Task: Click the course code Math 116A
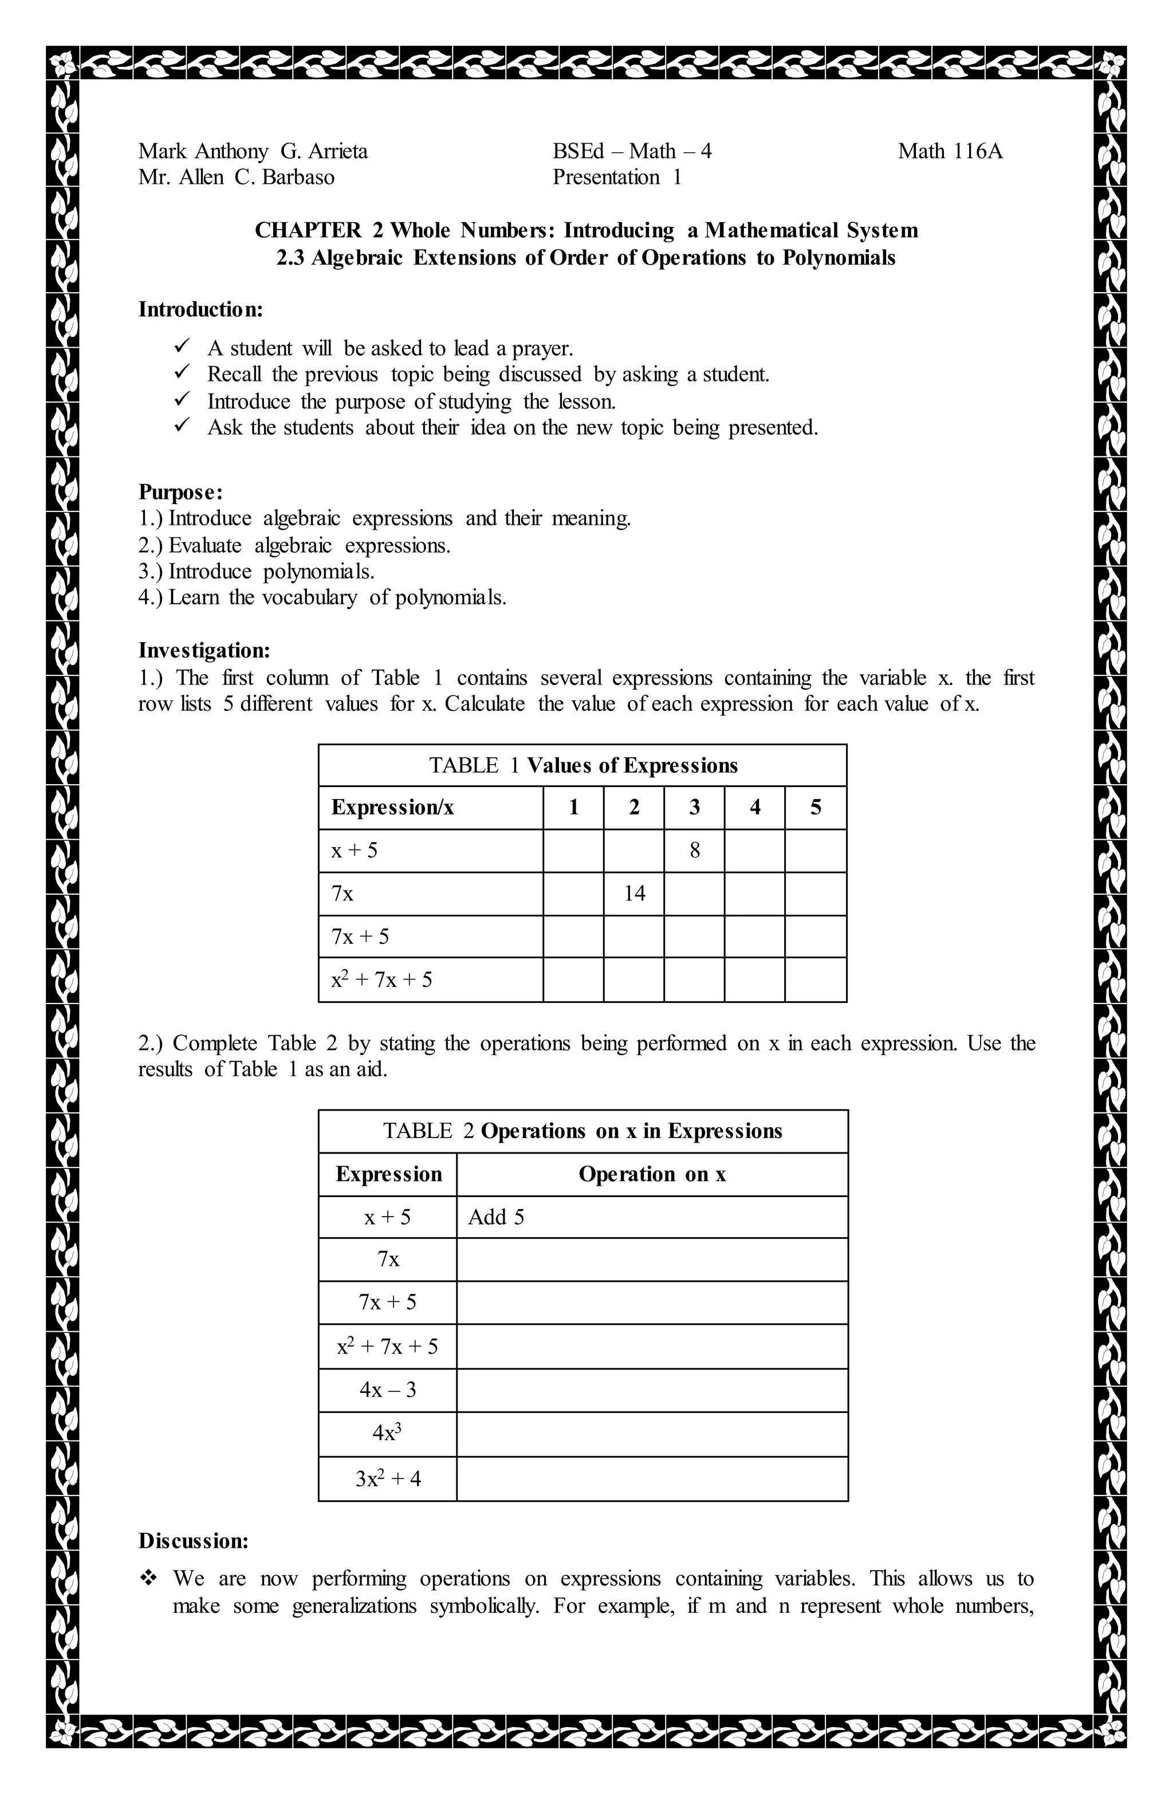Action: click(x=950, y=152)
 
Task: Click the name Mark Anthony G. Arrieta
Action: click(x=253, y=152)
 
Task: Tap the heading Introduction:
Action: click(x=200, y=309)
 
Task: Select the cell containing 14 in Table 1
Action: click(x=634, y=894)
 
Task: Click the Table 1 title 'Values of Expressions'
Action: click(x=632, y=766)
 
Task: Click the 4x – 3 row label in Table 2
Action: click(x=388, y=1390)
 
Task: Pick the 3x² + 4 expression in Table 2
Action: click(x=388, y=1478)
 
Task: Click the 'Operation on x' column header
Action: click(x=652, y=1174)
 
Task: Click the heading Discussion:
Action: click(x=193, y=1541)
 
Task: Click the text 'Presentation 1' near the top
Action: click(x=617, y=178)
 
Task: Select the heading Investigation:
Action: click(x=203, y=651)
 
